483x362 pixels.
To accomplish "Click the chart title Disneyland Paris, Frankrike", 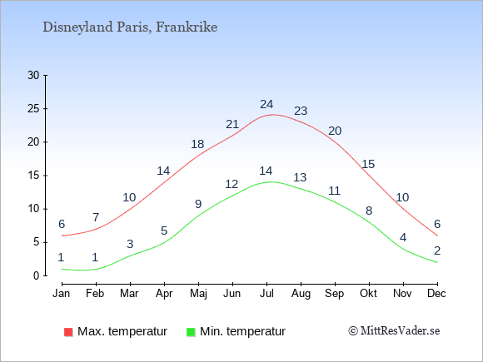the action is pyautogui.click(x=130, y=27).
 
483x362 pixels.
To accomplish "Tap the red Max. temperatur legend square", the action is pyautogui.click(x=68, y=332).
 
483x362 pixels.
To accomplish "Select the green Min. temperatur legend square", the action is pyautogui.click(x=191, y=332).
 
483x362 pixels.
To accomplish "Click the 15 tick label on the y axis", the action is pyautogui.click(x=33, y=176).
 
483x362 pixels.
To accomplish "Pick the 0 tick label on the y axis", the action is pyautogui.click(x=37, y=275).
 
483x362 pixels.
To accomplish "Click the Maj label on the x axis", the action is pyautogui.click(x=198, y=294).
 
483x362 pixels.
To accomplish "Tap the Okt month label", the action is pyautogui.click(x=368, y=293).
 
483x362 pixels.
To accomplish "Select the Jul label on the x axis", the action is pyautogui.click(x=266, y=293).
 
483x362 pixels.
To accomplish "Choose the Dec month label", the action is pyautogui.click(x=436, y=293).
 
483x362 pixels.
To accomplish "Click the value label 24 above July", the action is pyautogui.click(x=266, y=104).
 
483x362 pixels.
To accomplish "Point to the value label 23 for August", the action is pyautogui.click(x=301, y=111).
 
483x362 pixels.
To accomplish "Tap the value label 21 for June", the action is pyautogui.click(x=232, y=124).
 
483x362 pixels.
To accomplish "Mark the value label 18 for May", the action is pyautogui.click(x=197, y=144).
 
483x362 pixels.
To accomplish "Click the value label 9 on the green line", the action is pyautogui.click(x=198, y=204).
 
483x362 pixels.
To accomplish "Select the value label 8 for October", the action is pyautogui.click(x=369, y=211).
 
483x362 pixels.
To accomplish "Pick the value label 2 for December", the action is pyautogui.click(x=437, y=250).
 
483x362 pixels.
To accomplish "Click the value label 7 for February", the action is pyautogui.click(x=96, y=217).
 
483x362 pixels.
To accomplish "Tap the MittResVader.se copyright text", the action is pyautogui.click(x=394, y=331).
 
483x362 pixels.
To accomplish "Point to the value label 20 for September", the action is pyautogui.click(x=335, y=131).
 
